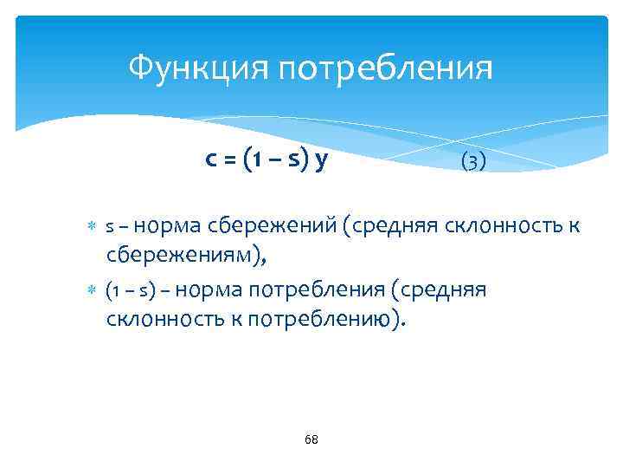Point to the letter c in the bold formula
coord(210,159)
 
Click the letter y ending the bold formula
coord(321,161)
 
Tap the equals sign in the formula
coord(230,160)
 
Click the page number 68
coord(311,440)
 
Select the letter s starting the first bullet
coord(109,228)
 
